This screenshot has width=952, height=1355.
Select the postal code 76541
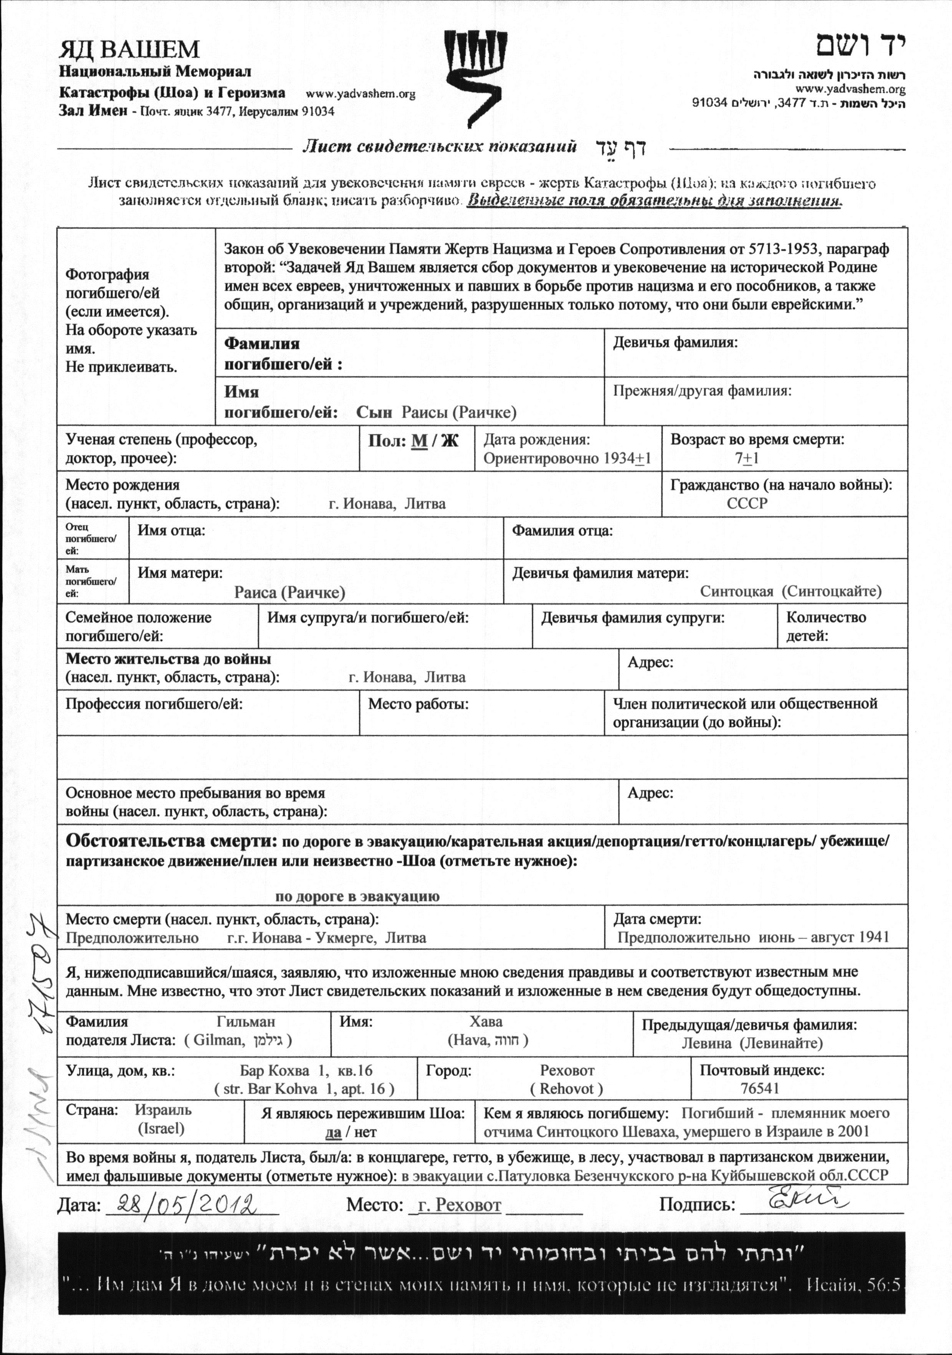tap(760, 1088)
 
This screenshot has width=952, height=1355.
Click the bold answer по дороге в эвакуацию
tap(357, 896)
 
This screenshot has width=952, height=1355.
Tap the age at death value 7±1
tap(747, 459)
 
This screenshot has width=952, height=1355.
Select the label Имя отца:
tap(171, 530)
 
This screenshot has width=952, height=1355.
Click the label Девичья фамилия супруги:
tap(632, 618)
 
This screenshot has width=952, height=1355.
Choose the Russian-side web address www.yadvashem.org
tap(360, 94)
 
